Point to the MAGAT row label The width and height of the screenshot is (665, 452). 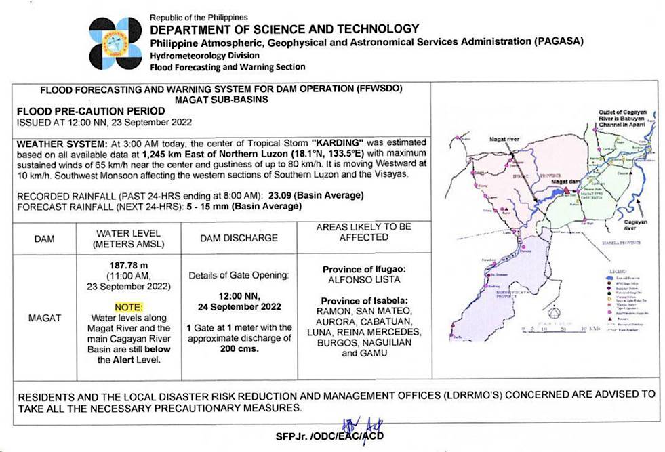(45, 317)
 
